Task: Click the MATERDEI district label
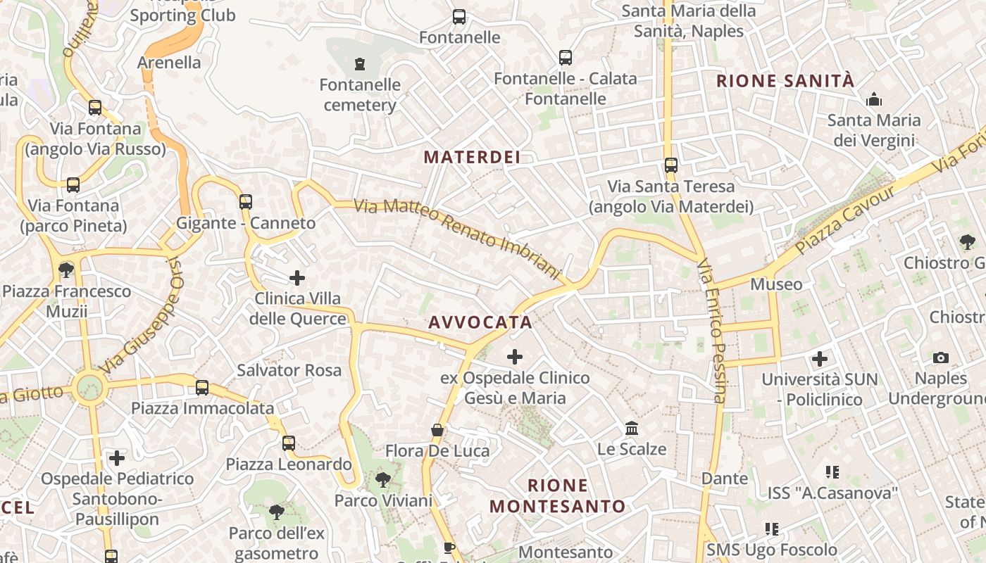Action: click(472, 157)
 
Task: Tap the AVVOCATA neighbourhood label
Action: click(480, 322)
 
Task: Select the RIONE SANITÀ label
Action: click(785, 81)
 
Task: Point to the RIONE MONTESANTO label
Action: click(558, 495)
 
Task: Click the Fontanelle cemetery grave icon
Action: click(360, 64)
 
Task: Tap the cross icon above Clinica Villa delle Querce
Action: click(297, 278)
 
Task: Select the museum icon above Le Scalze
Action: click(632, 428)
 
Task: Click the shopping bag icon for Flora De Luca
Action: click(437, 429)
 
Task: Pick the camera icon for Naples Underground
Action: click(940, 358)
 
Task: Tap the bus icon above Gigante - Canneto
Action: click(245, 202)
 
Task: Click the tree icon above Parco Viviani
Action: click(383, 480)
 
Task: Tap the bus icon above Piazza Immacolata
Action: click(202, 387)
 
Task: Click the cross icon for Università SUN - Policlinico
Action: click(819, 359)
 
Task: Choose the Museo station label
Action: click(776, 284)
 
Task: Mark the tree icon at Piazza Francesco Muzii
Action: click(66, 270)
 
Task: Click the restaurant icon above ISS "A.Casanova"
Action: click(832, 472)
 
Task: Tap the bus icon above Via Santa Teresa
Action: click(671, 165)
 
